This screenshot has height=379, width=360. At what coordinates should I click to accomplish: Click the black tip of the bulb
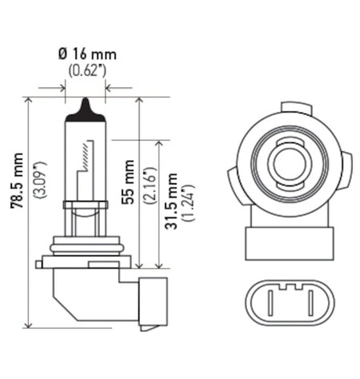click(x=85, y=110)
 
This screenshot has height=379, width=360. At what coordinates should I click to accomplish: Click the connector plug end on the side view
click(x=152, y=304)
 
